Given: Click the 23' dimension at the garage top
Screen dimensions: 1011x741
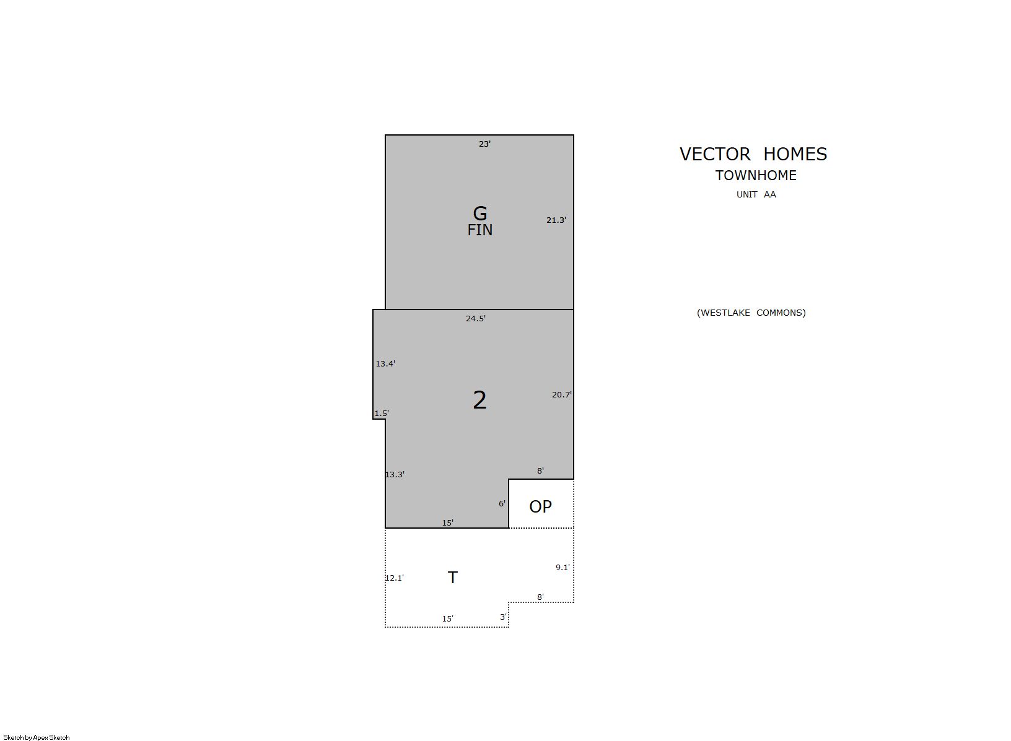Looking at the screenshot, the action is (484, 144).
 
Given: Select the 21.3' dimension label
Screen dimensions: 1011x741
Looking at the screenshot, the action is (556, 220).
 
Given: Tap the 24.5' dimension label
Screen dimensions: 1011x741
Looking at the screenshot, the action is (476, 318).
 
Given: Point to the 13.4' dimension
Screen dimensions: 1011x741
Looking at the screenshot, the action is (385, 363).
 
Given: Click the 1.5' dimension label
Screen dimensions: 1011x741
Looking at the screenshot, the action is (382, 413).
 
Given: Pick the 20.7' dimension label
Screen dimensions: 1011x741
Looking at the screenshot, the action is (562, 394).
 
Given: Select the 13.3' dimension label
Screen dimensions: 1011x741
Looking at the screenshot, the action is (395, 474).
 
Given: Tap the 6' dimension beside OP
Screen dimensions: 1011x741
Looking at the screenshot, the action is (502, 503).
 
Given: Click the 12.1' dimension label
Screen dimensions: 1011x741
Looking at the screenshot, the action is (395, 578).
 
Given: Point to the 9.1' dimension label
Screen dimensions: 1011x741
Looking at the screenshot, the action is (562, 568).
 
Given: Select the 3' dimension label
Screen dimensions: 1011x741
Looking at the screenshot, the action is (504, 617).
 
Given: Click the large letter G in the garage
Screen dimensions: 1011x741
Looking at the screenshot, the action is (479, 214).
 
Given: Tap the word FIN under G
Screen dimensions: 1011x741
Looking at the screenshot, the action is (479, 230).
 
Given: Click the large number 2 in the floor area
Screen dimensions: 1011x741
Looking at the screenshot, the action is (479, 400).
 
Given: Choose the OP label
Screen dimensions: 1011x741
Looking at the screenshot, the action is (540, 506).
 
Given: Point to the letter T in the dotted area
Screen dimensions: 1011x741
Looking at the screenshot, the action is (453, 578).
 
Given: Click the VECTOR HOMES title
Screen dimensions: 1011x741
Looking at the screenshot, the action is (753, 154).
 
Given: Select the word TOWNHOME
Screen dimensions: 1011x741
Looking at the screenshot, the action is (756, 175).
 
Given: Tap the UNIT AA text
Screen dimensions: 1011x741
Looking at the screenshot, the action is (756, 194).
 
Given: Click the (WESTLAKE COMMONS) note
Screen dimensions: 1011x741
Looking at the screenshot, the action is (751, 313).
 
